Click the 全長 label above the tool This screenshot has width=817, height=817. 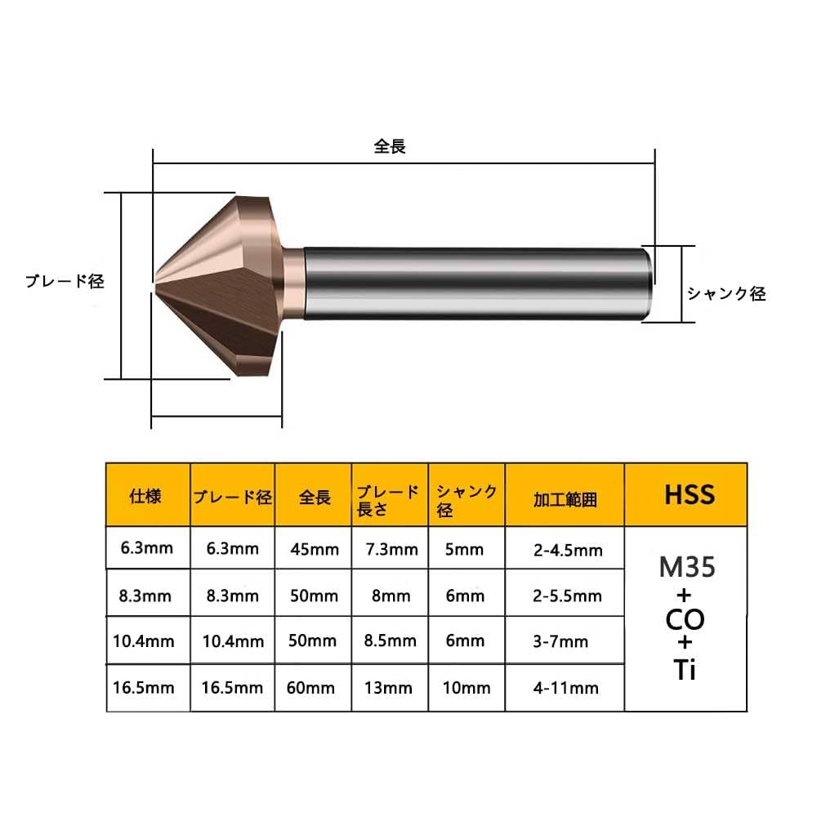pyautogui.click(x=390, y=147)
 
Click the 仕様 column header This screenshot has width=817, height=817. pyautogui.click(x=146, y=496)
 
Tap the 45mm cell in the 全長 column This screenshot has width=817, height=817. pyautogui.click(x=315, y=549)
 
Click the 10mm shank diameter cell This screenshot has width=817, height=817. pyautogui.click(x=467, y=688)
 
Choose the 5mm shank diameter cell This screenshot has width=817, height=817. pyautogui.click(x=467, y=549)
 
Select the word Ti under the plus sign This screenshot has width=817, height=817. pyautogui.click(x=686, y=670)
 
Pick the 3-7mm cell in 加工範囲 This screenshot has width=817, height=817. pyautogui.click(x=565, y=642)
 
